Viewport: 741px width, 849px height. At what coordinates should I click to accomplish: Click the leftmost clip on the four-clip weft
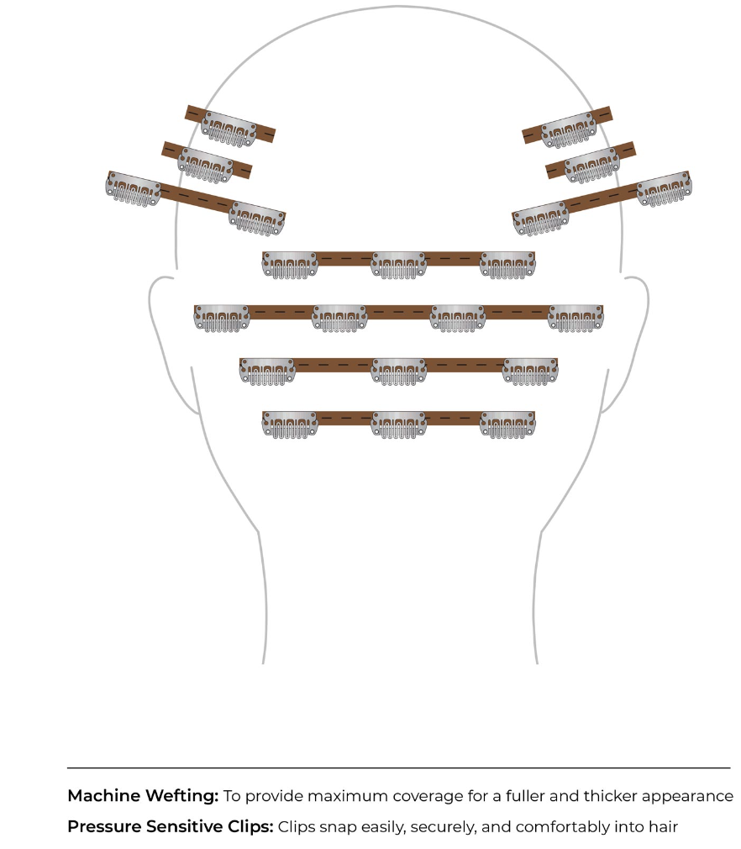[223, 319]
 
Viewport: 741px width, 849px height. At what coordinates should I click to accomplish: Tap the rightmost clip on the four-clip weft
[575, 319]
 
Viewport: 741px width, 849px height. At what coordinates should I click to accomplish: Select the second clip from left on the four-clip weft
[339, 319]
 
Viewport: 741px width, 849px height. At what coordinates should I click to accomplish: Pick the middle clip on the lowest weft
[398, 424]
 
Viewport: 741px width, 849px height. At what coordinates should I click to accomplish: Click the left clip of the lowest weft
[290, 424]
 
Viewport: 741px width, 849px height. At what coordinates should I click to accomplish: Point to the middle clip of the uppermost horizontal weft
[398, 265]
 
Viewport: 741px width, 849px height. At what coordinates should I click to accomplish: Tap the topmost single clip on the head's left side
[229, 129]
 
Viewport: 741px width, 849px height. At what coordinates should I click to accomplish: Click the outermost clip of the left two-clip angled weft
[133, 189]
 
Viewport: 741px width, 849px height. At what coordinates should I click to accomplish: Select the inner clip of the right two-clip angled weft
[539, 219]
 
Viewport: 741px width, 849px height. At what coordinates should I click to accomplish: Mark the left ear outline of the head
[165, 345]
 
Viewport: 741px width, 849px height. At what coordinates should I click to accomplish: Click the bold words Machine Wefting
[143, 796]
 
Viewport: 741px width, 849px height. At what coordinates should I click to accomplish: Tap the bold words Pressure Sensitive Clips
[171, 827]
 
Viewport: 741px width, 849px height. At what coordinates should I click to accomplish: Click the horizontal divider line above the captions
[398, 767]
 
